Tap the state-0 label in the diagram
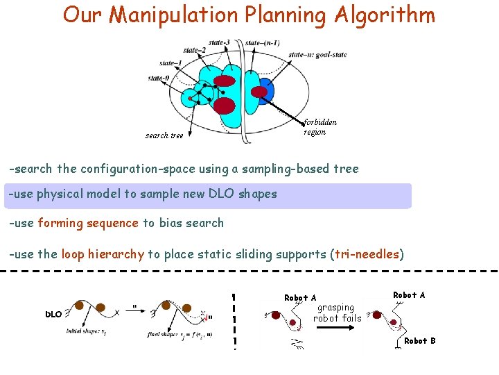[158, 78]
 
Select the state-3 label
[219, 42]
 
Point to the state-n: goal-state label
[317, 54]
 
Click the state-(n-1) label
[263, 43]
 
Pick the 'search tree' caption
[164, 135]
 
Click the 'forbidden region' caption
[319, 127]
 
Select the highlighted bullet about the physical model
[208, 194]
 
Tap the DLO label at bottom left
[54, 314]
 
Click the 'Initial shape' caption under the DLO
[87, 333]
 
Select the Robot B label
[419, 341]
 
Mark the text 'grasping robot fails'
[337, 312]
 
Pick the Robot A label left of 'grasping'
[300, 297]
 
